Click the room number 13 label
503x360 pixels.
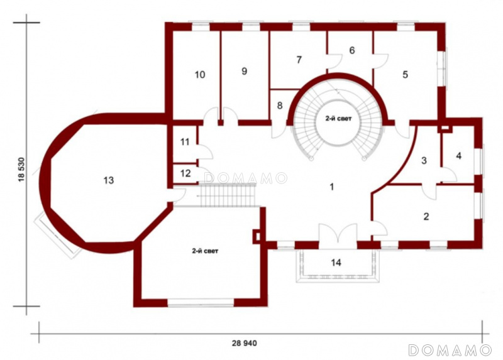point(109,180)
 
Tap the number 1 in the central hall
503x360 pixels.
point(332,186)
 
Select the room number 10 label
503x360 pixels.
point(200,75)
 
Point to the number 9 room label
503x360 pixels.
point(245,71)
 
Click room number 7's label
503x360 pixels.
point(299,60)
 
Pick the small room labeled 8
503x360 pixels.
point(280,106)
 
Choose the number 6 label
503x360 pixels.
point(352,50)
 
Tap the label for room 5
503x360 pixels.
point(405,75)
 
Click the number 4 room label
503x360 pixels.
point(459,156)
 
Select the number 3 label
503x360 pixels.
point(424,160)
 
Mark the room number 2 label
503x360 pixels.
point(426,216)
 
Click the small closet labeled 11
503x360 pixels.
point(185,142)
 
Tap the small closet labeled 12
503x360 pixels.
point(185,173)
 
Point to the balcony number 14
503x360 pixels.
point(336,263)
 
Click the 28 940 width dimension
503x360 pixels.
point(245,343)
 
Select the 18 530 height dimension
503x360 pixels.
point(21,170)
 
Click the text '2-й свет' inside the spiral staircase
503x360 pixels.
point(338,119)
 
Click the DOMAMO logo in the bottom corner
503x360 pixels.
point(450,350)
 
